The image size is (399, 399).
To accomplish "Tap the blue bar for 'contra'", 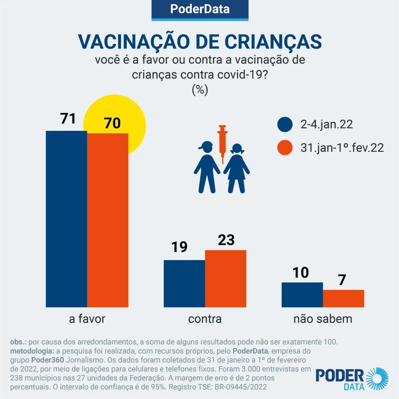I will point(184,284).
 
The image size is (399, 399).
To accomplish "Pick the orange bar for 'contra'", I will point(226,279).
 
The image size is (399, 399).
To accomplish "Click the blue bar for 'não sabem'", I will point(302,295).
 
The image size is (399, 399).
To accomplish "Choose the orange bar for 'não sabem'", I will point(343,298).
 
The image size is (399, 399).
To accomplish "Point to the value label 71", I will point(68,119).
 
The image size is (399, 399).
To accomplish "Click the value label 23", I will point(226,240).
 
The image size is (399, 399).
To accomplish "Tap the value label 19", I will point(179,247).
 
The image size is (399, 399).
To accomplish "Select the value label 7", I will point(342,280).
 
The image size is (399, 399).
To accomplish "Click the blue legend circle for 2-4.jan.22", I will point(285,124).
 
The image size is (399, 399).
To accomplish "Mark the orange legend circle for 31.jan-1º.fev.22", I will point(285,147).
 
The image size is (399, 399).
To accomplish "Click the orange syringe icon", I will point(222,142).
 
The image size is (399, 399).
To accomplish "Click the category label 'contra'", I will point(205,319).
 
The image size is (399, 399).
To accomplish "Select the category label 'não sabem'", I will point(323,319).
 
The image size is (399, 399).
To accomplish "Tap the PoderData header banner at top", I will point(200,9).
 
